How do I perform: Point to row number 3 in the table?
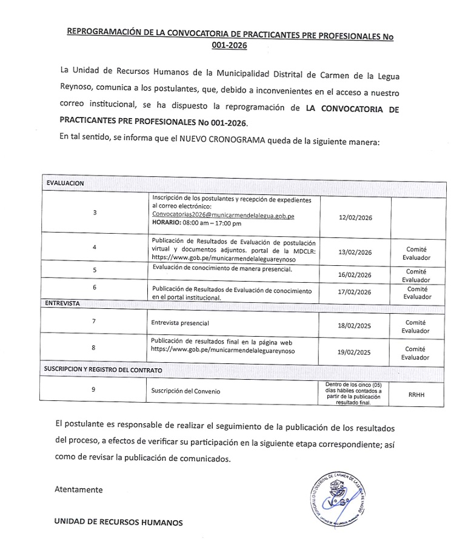click(x=94, y=213)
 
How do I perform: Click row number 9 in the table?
click(x=93, y=389)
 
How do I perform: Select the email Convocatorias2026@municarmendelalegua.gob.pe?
click(x=223, y=216)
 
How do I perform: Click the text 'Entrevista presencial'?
click(x=180, y=323)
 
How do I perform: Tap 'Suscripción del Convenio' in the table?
click(x=186, y=391)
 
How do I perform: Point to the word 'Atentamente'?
click(x=78, y=489)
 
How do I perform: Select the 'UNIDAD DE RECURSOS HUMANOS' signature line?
click(x=118, y=521)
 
